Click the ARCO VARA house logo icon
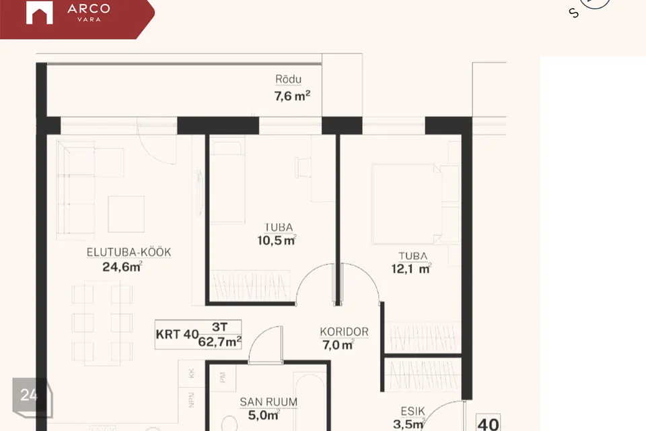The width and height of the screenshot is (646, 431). tap(39, 13)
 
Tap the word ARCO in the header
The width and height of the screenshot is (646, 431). tap(89, 8)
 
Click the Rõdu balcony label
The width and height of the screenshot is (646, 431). tap(289, 79)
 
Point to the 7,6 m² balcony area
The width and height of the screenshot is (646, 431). tap(292, 96)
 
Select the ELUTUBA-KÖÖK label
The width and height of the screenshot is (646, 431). tap(129, 252)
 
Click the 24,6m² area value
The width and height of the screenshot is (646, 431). tap(122, 267)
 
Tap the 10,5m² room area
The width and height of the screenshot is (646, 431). tap(277, 240)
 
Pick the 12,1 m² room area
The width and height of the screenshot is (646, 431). tap(411, 269)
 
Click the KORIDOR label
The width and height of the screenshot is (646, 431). tap(344, 331)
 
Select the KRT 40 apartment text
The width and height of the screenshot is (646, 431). tap(177, 334)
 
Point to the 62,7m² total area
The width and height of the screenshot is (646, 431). tap(219, 341)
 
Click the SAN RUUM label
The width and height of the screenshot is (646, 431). tap(268, 402)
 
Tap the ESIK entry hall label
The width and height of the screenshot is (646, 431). tap(412, 411)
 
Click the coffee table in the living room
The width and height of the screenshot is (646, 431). tap(126, 213)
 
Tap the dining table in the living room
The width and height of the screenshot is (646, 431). tap(102, 323)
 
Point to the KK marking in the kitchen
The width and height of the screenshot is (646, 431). tap(191, 373)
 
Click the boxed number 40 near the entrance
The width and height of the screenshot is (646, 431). tap(489, 423)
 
